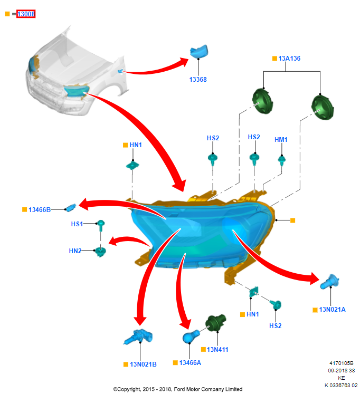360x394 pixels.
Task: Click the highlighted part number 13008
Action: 26,14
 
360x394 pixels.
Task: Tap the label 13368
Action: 198,80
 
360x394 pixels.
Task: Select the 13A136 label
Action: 289,59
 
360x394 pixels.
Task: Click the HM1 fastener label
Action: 281,140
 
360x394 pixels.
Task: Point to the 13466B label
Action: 40,209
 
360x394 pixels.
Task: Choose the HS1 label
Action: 77,224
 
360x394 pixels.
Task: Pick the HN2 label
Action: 75,251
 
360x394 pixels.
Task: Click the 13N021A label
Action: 332,310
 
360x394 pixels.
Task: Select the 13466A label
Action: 190,362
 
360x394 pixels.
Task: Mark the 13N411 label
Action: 217,349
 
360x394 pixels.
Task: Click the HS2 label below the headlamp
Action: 275,326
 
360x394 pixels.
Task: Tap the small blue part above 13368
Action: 200,51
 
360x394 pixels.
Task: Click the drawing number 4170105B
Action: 341,363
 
